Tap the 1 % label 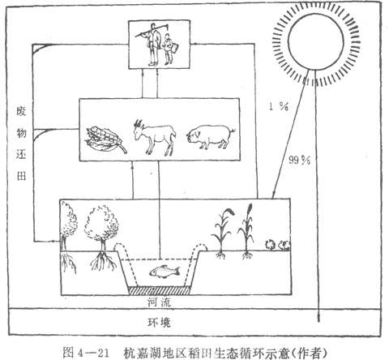279,106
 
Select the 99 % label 300,161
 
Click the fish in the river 165,271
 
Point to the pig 210,136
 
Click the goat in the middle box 155,137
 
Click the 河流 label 159,302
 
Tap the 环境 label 159,322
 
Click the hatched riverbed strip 160,290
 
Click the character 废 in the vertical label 21,111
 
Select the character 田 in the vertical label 21,176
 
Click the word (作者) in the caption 310,353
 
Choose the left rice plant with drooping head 223,233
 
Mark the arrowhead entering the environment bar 319,319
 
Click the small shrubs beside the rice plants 277,245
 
